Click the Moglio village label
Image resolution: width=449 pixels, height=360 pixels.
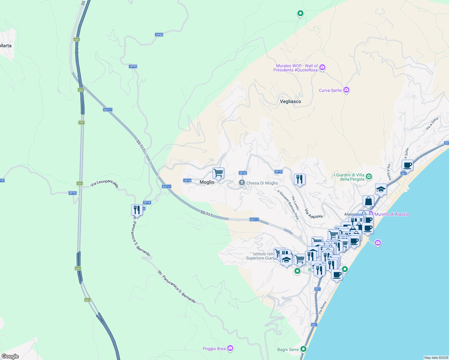click(x=207, y=182)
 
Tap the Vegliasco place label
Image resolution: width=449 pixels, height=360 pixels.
click(x=290, y=101)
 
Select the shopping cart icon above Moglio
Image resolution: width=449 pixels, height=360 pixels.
click(x=218, y=173)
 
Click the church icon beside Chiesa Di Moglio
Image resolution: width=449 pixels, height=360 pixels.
click(x=242, y=183)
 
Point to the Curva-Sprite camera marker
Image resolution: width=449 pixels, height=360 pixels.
click(x=346, y=90)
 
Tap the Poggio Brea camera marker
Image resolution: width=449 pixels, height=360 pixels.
click(x=230, y=348)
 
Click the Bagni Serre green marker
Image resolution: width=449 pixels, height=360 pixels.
click(x=303, y=349)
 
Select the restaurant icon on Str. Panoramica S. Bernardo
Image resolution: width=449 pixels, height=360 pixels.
click(x=137, y=210)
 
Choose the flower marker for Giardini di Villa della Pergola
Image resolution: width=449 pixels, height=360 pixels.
click(x=369, y=177)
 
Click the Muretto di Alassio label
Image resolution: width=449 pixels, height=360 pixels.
click(x=392, y=214)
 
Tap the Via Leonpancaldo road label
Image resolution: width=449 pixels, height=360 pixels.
click(x=104, y=184)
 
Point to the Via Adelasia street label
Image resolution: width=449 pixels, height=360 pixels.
click(x=314, y=213)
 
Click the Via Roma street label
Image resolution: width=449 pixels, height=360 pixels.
click(x=322, y=308)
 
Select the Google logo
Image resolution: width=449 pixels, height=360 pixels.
click(x=10, y=356)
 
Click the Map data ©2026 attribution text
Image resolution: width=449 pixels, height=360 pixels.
click(x=436, y=358)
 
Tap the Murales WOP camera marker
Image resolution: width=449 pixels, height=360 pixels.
click(x=322, y=67)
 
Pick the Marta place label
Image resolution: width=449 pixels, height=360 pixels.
click(x=6, y=46)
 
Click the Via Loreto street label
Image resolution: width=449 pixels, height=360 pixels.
click(x=296, y=203)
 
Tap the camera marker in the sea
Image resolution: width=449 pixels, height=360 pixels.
click(x=378, y=243)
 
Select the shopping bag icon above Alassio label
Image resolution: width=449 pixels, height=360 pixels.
click(x=368, y=201)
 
